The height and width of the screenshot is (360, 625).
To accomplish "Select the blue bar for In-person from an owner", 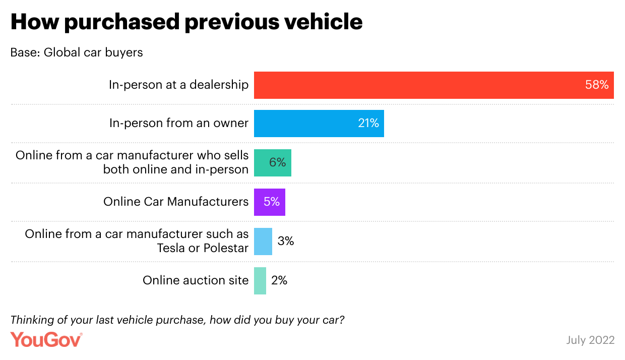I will (319, 124).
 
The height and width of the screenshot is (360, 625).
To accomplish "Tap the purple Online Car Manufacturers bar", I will (269, 202).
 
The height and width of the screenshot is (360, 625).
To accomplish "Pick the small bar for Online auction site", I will (260, 281).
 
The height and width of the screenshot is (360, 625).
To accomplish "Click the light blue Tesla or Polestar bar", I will (263, 242).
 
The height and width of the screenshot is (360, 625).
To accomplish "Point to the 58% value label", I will (597, 85).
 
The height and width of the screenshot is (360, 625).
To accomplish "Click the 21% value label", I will (368, 124).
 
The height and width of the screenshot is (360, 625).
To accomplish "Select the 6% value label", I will (278, 162).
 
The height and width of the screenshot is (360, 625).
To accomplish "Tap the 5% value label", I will (272, 202).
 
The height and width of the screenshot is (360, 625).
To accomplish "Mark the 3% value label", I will (286, 242).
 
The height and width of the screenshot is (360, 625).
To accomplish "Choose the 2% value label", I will (279, 281).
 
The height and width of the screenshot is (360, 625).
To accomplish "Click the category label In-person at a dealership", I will (178, 85).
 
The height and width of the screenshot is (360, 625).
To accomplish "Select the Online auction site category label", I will (196, 281).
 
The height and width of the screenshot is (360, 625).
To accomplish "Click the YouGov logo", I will (46, 339).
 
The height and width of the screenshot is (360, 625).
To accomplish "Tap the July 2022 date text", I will (590, 340).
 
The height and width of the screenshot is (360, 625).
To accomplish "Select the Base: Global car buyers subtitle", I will (77, 53).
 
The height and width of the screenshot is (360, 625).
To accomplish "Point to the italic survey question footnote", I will (177, 320).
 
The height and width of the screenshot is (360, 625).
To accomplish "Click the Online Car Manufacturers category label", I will (176, 202).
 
